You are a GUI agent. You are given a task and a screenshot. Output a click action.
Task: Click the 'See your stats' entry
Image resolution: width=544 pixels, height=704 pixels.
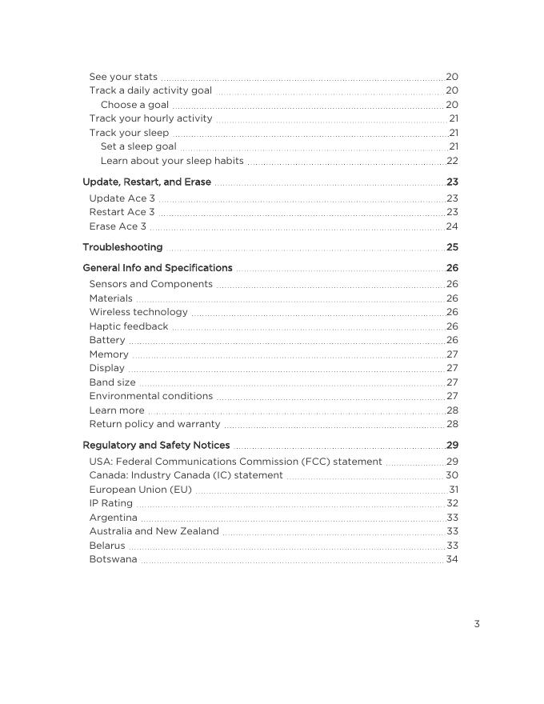click(123, 77)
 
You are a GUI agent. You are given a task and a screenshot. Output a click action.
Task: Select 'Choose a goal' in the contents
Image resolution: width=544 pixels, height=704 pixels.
click(134, 105)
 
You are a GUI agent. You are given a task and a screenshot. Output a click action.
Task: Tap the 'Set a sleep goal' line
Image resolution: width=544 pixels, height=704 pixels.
click(138, 146)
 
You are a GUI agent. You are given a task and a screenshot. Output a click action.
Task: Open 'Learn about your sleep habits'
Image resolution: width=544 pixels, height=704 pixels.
click(172, 161)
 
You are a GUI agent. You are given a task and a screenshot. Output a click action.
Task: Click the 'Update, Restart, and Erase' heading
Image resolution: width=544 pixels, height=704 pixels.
click(147, 182)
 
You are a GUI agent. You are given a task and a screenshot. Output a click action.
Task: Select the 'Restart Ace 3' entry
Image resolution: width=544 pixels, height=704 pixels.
click(122, 212)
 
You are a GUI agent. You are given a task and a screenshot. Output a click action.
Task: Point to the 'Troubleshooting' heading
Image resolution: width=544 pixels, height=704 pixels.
click(122, 247)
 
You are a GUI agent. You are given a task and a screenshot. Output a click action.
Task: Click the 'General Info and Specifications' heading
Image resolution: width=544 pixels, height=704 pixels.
click(158, 268)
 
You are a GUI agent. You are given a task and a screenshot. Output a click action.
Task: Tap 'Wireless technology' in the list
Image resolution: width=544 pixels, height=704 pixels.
click(138, 312)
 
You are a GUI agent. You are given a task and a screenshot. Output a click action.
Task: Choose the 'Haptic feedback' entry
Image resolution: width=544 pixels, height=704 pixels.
click(129, 326)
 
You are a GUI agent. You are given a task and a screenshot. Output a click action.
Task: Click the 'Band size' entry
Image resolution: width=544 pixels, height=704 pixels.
click(113, 382)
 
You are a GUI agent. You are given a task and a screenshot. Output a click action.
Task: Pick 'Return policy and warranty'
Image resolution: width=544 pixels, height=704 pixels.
click(154, 424)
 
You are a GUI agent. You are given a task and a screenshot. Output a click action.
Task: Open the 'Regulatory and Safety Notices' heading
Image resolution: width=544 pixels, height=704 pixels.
click(156, 446)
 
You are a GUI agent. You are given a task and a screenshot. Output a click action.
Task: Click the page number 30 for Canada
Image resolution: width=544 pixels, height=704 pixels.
click(452, 475)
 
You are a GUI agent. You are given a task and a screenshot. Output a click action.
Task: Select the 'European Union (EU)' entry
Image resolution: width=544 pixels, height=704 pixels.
click(141, 490)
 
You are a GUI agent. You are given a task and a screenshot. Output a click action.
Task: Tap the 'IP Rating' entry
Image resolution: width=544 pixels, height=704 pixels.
click(111, 503)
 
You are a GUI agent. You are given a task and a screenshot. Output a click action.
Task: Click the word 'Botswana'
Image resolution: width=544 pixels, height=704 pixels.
click(113, 559)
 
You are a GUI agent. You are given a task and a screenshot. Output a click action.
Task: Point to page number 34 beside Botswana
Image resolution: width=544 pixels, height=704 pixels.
click(452, 559)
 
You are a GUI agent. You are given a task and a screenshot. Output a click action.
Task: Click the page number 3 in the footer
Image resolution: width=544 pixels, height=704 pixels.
click(477, 624)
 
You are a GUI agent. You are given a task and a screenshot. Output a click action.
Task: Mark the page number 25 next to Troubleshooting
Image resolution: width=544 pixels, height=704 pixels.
click(452, 247)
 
